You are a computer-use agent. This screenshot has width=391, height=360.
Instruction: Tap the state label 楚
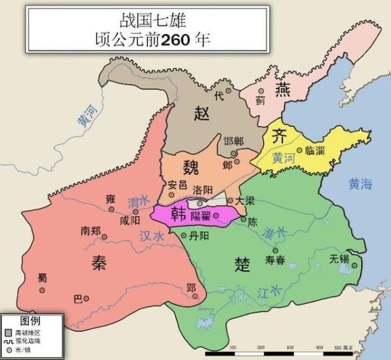[x=242, y=263]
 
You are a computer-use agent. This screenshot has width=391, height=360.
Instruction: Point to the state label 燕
[x=282, y=88]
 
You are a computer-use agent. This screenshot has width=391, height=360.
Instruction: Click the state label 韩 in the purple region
[x=177, y=214]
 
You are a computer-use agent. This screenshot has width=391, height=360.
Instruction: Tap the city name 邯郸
[x=234, y=142]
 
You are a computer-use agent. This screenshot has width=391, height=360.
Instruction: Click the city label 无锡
[x=340, y=258]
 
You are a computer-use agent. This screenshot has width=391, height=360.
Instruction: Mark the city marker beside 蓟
[x=261, y=91]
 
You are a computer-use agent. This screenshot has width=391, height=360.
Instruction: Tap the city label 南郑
[x=91, y=230]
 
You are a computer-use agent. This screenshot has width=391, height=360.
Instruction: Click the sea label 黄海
[x=360, y=184]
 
